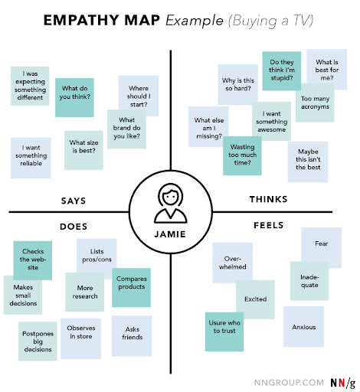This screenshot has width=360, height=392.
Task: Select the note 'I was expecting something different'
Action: click(30, 84)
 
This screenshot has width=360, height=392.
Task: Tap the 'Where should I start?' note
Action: click(139, 95)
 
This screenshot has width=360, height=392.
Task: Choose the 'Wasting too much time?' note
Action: click(242, 154)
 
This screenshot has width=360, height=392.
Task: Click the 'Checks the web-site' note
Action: click(32, 260)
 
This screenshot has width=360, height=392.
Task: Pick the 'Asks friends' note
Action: click(132, 334)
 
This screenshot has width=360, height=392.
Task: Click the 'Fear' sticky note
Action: click(321, 244)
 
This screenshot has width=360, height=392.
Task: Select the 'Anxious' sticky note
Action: click(303, 327)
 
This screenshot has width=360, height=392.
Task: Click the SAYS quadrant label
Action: click(73, 201)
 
